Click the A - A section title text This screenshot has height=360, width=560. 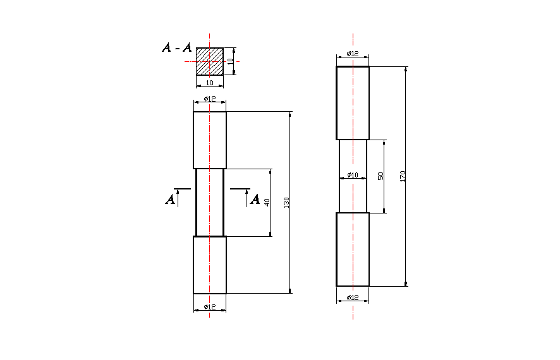(x=176, y=47)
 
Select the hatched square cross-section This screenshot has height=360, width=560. (x=209, y=61)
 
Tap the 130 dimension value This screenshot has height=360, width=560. (x=286, y=203)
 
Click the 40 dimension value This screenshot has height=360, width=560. (x=267, y=203)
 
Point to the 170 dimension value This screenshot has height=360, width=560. (x=402, y=176)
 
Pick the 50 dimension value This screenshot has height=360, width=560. (x=380, y=176)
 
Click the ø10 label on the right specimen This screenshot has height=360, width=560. (x=353, y=175)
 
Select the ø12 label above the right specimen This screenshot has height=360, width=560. (x=353, y=54)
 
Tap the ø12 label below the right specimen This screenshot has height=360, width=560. (x=353, y=297)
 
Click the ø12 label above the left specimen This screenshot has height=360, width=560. (x=210, y=99)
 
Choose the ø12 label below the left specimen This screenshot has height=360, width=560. (x=210, y=307)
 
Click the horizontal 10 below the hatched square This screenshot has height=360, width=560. (x=210, y=83)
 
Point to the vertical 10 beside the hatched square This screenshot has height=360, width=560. (x=231, y=61)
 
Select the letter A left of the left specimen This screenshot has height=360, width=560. (x=170, y=200)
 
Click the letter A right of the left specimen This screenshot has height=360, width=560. (x=255, y=200)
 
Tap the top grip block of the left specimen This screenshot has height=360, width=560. (x=210, y=140)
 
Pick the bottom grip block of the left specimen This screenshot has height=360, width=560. (x=210, y=265)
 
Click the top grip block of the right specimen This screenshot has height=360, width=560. (x=353, y=102)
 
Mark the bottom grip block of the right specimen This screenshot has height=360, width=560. (x=353, y=249)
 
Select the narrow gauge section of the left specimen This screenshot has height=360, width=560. (x=210, y=202)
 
